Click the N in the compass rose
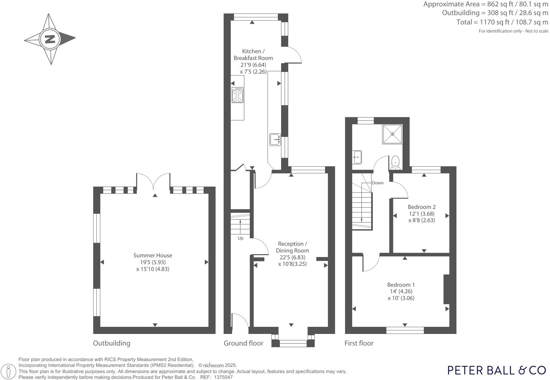50,39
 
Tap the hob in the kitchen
237,95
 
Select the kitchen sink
275,139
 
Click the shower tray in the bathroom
392,134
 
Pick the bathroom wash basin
357,157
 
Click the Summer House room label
153,255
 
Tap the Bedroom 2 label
421,207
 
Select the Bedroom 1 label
401,285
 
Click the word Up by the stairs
241,238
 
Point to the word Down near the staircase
377,183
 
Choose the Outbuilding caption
112,343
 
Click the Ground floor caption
243,343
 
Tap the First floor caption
359,343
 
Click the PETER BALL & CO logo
496,370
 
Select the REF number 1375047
223,377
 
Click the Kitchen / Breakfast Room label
253,55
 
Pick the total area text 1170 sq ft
502,22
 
